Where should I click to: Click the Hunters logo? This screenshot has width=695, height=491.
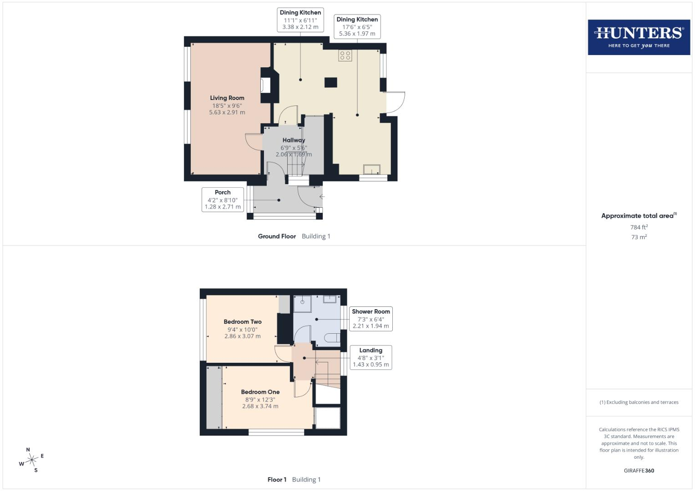(639, 37)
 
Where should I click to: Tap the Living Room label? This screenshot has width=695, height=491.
(227, 98)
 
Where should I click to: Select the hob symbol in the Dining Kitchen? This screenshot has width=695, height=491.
(345, 55)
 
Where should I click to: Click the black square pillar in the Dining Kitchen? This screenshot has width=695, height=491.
(331, 82)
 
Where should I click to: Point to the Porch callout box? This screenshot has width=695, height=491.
(223, 200)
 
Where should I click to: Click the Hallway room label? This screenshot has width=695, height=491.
(294, 140)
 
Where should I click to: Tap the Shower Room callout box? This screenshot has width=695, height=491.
(371, 319)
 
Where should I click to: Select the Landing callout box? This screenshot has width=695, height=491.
(371, 357)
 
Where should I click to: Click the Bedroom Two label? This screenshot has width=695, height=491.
(243, 322)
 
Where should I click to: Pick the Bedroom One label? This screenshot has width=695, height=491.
(260, 392)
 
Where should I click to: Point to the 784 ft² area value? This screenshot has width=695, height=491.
(639, 227)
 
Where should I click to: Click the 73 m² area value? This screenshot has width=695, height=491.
(639, 237)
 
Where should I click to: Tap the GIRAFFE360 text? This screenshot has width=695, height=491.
(639, 471)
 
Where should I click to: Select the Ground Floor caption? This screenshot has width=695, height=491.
(277, 236)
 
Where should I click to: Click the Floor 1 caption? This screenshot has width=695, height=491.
(277, 480)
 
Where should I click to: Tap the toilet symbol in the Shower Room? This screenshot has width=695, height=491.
(333, 337)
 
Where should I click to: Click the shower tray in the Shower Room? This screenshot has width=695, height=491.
(302, 304)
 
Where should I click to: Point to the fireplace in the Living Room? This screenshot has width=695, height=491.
(265, 85)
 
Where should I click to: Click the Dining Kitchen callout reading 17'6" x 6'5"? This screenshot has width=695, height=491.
(357, 26)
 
